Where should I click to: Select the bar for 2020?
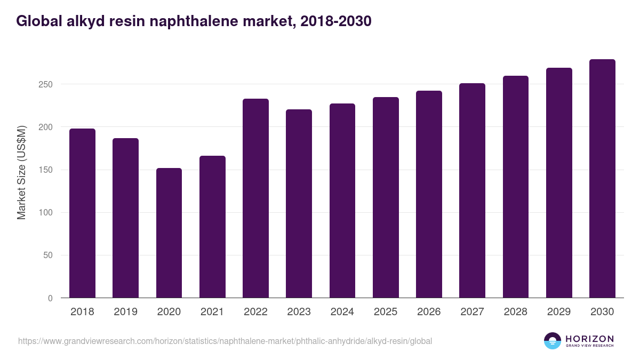(x=169, y=233)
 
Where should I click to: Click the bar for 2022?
(x=255, y=198)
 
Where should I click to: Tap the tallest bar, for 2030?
(x=602, y=179)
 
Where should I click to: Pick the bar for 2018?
(x=83, y=213)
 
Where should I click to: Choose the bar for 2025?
(x=386, y=197)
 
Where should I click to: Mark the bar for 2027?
(x=472, y=190)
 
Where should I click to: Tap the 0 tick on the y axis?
(x=50, y=298)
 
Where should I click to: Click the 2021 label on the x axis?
(x=212, y=312)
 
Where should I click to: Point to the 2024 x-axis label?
(x=342, y=312)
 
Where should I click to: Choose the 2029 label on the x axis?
(x=559, y=312)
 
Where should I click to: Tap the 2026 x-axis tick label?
(x=429, y=312)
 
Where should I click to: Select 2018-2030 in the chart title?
(x=336, y=21)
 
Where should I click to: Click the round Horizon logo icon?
(x=552, y=341)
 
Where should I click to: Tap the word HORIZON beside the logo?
(x=589, y=339)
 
